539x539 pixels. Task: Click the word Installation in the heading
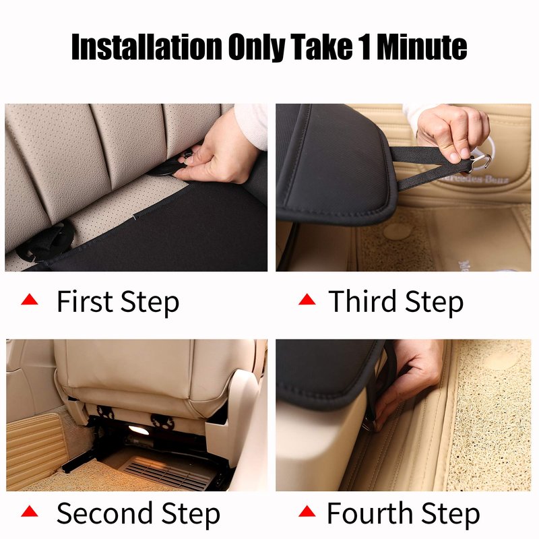coord(147,46)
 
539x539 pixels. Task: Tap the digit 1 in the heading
coord(365,46)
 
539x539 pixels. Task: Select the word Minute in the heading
coord(422,46)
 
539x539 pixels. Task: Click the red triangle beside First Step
coord(30,299)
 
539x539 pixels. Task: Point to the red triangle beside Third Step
coord(307,299)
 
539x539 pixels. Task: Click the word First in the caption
coord(85,301)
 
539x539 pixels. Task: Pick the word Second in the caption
coord(104,513)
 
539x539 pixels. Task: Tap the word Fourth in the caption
coord(369,513)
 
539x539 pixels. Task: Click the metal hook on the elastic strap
coord(481,162)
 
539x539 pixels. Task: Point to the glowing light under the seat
coord(139,430)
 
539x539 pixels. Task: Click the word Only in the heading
coord(257,47)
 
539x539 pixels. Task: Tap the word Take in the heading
coord(322,46)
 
